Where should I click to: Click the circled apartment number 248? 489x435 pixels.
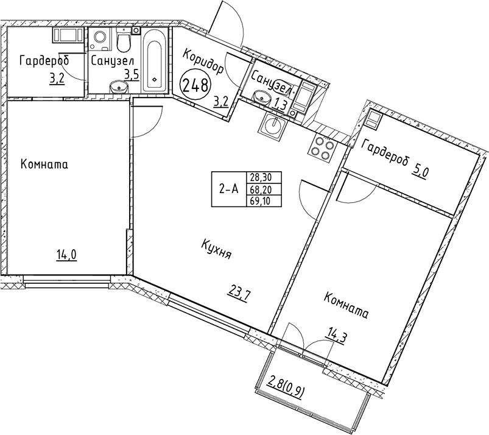pos(196,83)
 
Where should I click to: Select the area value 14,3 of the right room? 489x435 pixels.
pos(336,334)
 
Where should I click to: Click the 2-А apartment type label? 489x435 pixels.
pos(228,189)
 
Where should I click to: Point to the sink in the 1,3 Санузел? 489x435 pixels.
pos(264,96)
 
